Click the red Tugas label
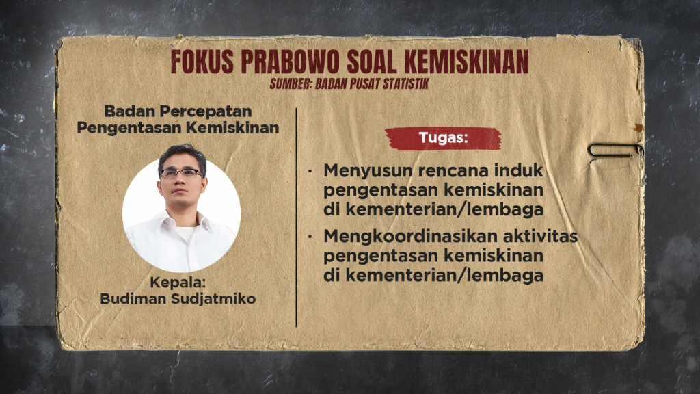443,138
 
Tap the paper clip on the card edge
613,150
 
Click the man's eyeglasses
181,173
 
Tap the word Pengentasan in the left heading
120,127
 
